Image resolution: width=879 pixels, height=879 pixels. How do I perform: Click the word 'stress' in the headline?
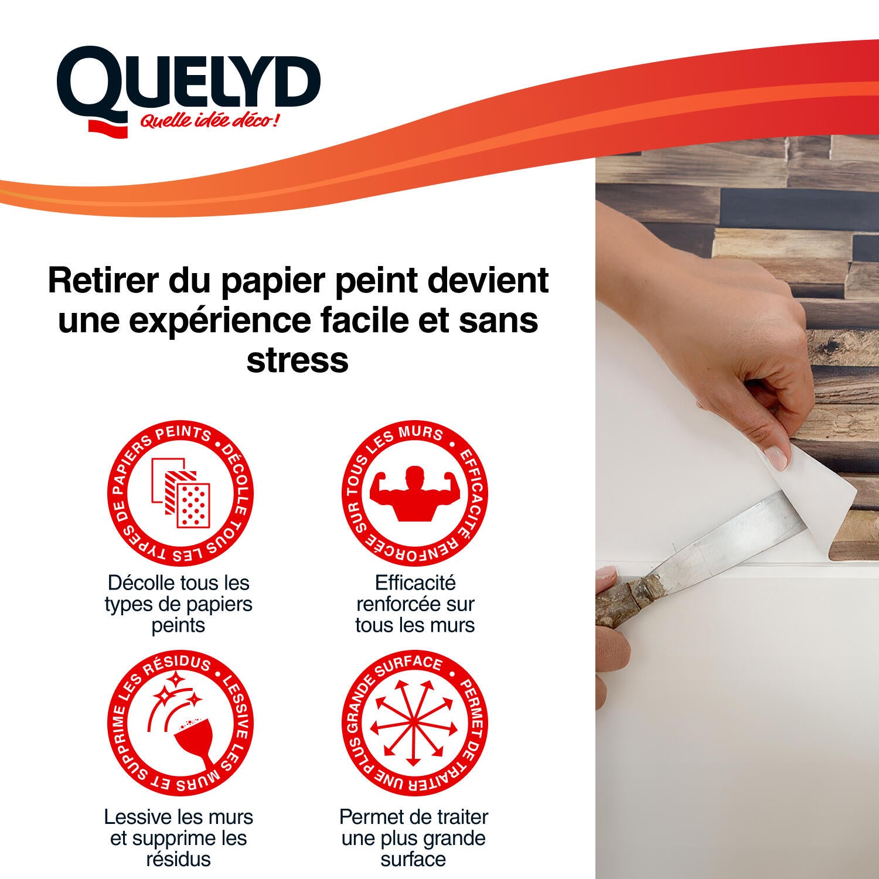click(297, 360)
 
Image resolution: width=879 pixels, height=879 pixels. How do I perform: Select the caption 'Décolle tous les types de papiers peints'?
click(179, 604)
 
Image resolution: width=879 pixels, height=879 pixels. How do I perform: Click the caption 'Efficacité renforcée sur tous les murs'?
click(414, 604)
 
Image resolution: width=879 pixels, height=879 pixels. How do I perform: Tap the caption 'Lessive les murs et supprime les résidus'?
click(179, 838)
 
